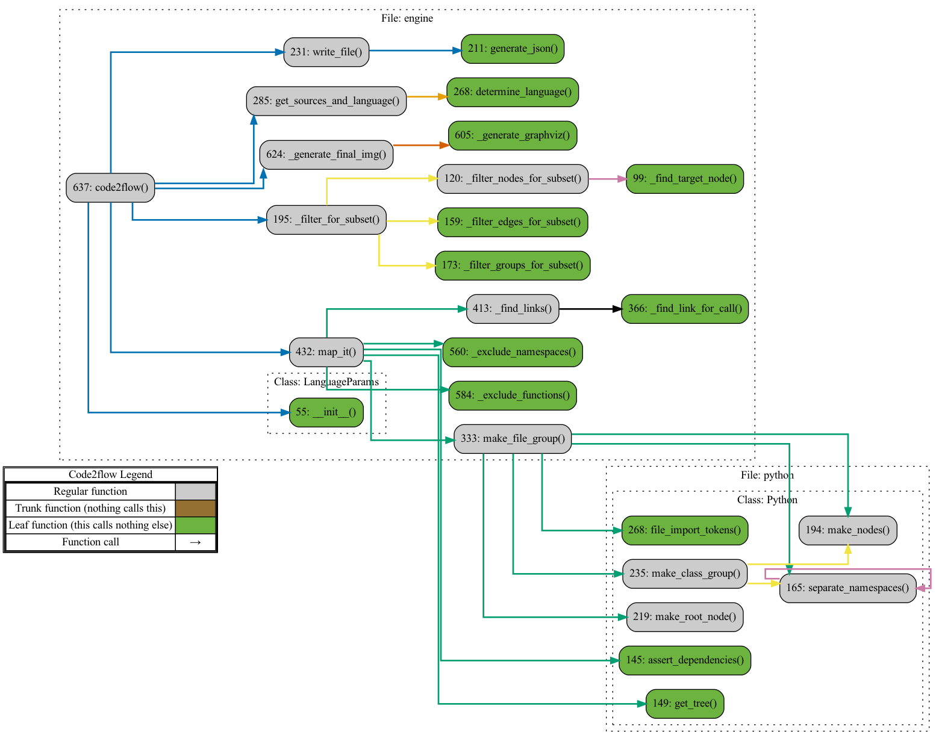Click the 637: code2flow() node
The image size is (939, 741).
110,187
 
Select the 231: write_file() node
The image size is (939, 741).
326,52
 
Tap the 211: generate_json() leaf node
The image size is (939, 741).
513,49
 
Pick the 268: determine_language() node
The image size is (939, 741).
513,92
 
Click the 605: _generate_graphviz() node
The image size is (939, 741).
513,135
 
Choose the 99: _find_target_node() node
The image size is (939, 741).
685,179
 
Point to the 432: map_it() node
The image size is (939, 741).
326,352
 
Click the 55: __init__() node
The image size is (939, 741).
326,412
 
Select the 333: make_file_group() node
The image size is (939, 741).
513,439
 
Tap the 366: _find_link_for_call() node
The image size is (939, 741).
685,309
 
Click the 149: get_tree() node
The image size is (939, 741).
685,704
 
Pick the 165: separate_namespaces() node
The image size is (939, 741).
847,588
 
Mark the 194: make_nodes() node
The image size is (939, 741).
847,530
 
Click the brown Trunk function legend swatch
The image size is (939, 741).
195,509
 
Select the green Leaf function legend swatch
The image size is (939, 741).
195,526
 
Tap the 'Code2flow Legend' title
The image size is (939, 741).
110,474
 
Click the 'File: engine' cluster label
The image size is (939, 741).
407,19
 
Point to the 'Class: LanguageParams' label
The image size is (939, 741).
326,382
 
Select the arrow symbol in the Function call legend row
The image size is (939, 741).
195,542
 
